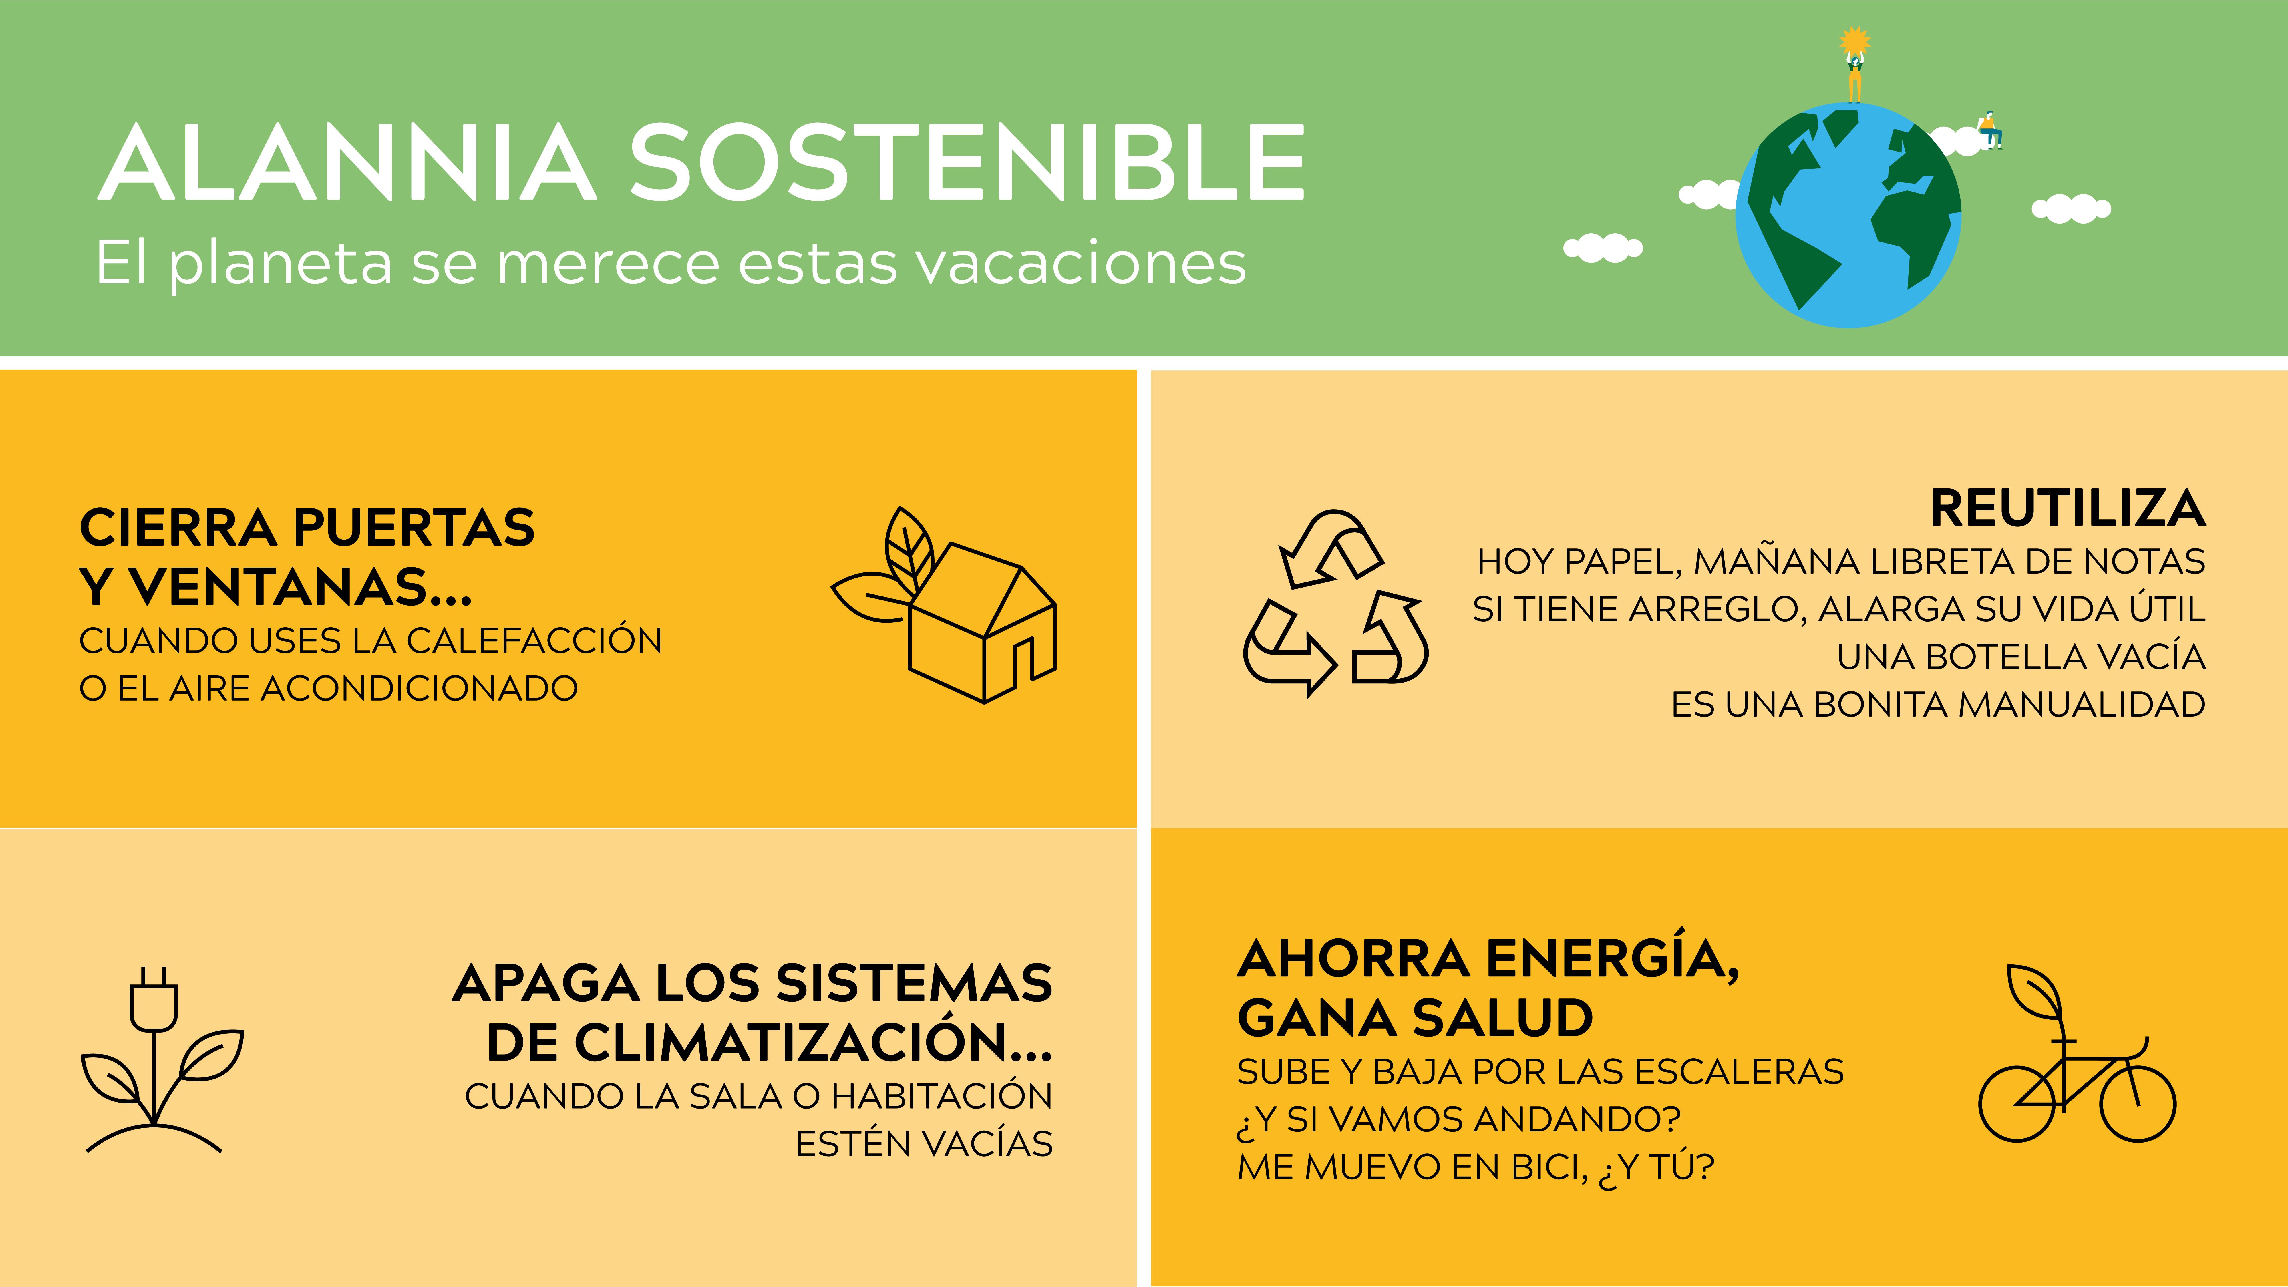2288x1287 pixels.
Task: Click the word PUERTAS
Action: pyautogui.click(x=414, y=528)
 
